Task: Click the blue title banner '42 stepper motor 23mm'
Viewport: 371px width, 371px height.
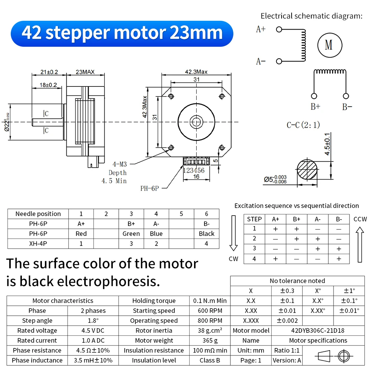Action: click(122, 33)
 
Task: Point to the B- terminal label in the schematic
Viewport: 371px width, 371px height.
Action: click(347, 107)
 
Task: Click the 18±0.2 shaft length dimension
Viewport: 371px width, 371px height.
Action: click(48, 85)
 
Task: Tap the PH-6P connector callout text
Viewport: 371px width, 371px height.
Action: click(150, 188)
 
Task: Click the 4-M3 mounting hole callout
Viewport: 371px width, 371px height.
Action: click(120, 164)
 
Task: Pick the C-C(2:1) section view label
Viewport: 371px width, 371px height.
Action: click(303, 125)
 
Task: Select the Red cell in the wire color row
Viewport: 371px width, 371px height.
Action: click(81, 234)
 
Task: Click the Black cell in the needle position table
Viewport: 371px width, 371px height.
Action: click(206, 234)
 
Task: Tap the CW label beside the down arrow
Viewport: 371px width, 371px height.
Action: click(233, 259)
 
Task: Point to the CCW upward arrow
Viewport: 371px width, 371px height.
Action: click(359, 245)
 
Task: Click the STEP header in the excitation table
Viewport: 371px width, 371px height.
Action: click(254, 219)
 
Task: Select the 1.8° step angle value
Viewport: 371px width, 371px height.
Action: click(93, 321)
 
